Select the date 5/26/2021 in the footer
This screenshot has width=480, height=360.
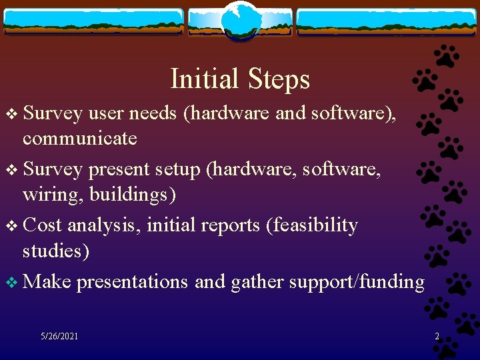tap(59, 336)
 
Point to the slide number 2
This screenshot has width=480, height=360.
tap(437, 337)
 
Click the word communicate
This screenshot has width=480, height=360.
tap(79, 139)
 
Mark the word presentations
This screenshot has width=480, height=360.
tap(132, 282)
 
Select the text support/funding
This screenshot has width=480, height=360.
tap(356, 282)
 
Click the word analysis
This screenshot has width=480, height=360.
tap(103, 225)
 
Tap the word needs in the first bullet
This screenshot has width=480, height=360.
tap(153, 113)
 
